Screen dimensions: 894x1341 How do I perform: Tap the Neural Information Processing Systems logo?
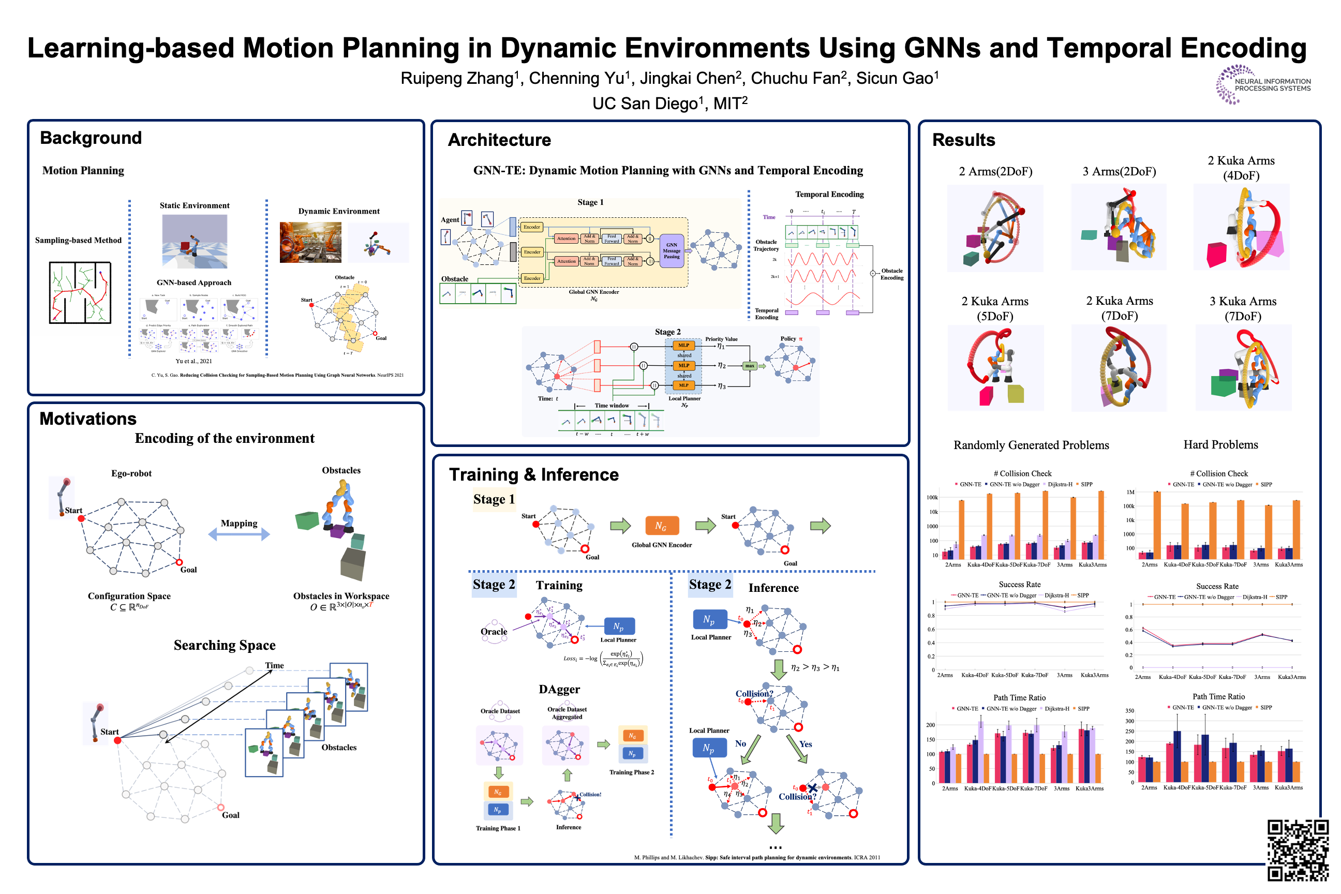1262,85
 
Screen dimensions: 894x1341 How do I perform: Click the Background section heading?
91,138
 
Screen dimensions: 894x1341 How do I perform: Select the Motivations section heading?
88,419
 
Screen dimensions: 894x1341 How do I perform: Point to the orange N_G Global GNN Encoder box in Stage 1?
661,526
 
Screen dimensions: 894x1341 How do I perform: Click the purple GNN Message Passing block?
671,251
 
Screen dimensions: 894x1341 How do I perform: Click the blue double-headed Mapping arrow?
239,534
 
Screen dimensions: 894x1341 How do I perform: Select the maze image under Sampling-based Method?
80,292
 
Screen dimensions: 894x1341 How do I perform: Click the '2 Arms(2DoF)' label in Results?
995,172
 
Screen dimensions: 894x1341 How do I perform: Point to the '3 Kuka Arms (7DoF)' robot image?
1243,368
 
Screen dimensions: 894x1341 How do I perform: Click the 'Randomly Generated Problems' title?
1031,445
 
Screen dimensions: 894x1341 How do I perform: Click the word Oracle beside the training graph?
494,632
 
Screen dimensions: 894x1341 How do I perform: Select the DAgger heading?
559,689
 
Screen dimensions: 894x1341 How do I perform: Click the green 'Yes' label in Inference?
805,744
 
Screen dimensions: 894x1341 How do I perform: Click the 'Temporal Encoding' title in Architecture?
829,195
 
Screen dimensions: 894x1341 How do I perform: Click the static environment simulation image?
195,241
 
